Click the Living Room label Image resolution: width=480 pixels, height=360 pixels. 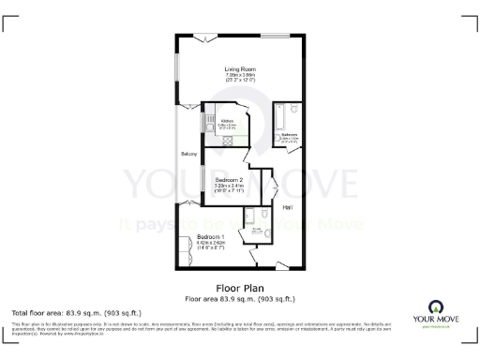(240, 69)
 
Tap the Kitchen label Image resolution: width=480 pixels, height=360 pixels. (226, 121)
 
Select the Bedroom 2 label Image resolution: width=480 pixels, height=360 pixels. (229, 179)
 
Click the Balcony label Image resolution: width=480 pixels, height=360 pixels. (188, 154)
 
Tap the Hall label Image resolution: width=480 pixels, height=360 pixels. (288, 207)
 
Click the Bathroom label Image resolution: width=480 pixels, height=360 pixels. (289, 134)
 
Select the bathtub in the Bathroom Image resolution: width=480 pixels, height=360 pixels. (279, 120)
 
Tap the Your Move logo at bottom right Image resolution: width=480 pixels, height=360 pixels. (437, 313)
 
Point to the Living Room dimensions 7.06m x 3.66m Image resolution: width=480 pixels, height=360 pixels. (240, 76)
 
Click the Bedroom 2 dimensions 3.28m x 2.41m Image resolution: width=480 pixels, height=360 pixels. (229, 186)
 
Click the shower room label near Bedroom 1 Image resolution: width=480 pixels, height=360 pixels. (251, 228)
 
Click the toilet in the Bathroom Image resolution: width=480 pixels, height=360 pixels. (295, 110)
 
